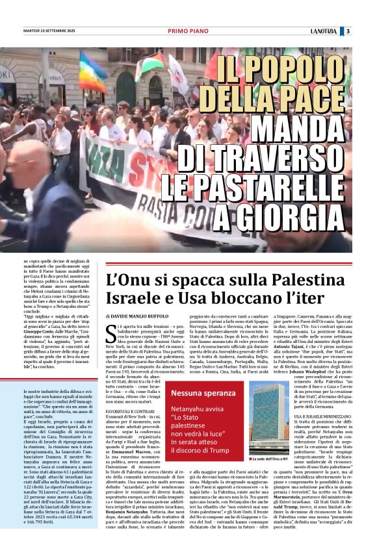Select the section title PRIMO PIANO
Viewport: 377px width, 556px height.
coord(186,31)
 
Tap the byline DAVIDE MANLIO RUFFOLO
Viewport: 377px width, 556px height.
coord(135,316)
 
